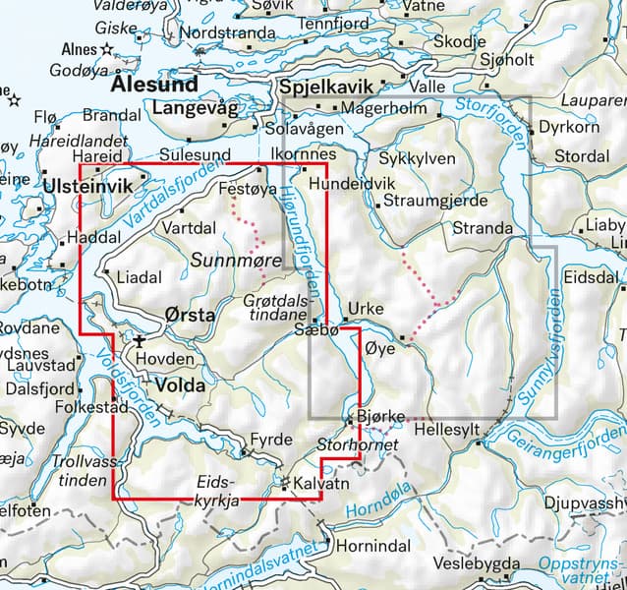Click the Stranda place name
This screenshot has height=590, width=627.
[482, 228]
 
